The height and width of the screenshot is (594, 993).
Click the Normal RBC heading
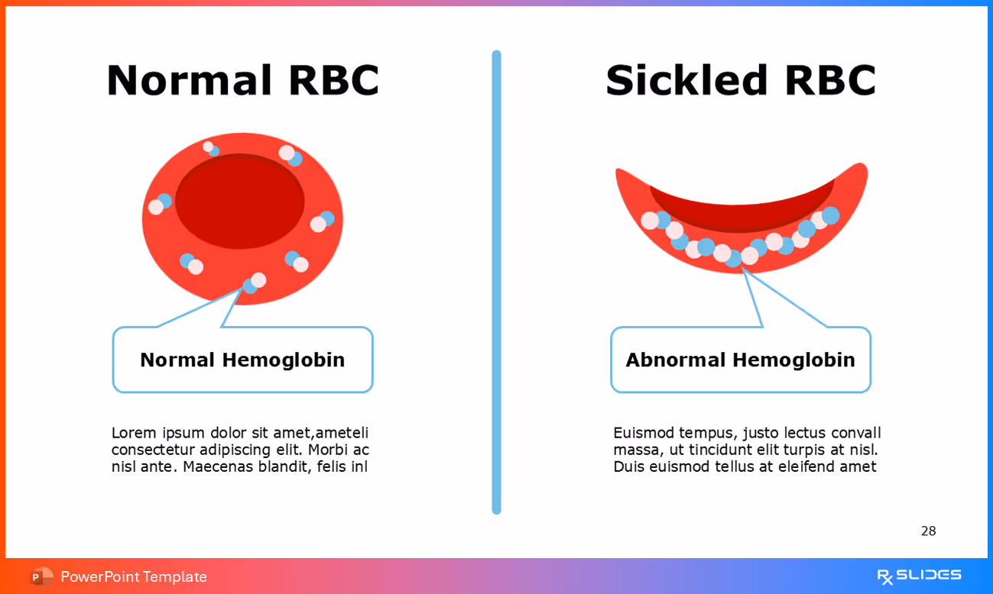pyautogui.click(x=242, y=80)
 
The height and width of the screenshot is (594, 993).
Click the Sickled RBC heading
pyautogui.click(x=740, y=80)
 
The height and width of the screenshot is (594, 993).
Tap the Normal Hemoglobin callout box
pyautogui.click(x=242, y=360)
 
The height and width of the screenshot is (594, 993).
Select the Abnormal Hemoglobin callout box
pyautogui.click(x=740, y=360)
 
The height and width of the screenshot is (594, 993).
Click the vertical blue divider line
pyautogui.click(x=496, y=282)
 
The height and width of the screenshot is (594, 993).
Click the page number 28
pyautogui.click(x=928, y=531)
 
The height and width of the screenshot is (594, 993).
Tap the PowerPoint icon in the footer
pyautogui.click(x=41, y=576)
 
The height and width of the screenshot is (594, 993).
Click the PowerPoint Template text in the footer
pyautogui.click(x=134, y=576)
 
